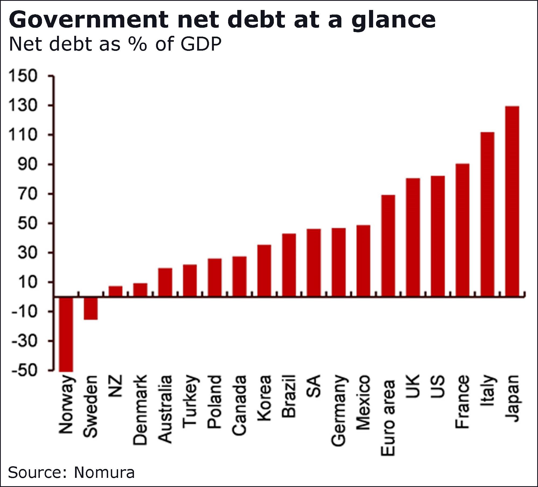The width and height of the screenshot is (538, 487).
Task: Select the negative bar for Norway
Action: [x=66, y=334]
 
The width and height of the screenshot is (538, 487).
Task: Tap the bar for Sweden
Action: [x=91, y=308]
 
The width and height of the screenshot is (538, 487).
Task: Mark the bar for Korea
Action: [x=264, y=271]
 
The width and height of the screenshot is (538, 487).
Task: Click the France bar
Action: [x=463, y=230]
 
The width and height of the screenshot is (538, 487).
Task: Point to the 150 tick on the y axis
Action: [x=23, y=76]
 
